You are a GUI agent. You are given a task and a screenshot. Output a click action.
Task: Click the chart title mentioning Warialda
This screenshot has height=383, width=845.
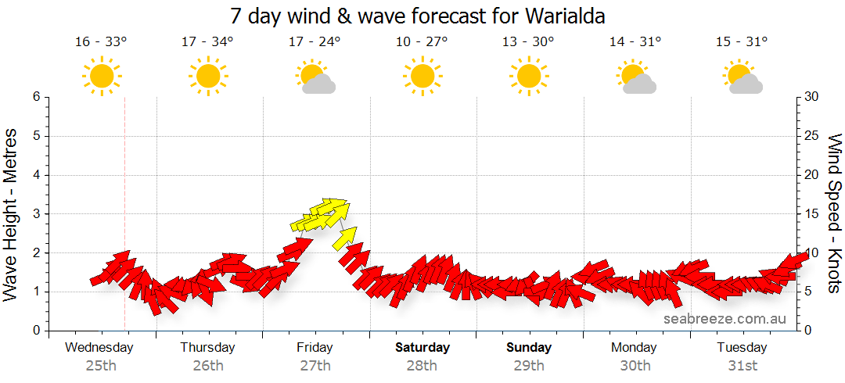tap(418, 16)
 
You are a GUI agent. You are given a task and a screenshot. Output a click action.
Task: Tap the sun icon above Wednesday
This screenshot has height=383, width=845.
tap(102, 77)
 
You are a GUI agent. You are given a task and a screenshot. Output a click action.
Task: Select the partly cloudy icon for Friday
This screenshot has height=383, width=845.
tap(315, 77)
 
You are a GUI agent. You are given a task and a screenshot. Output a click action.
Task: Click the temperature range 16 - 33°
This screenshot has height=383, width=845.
tap(101, 42)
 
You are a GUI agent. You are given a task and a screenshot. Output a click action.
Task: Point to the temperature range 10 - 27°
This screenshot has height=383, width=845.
tap(422, 42)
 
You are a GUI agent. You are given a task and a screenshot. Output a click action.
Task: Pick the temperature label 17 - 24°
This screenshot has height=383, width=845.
tap(315, 42)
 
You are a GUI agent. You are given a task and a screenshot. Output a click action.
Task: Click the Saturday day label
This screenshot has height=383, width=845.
tap(422, 347)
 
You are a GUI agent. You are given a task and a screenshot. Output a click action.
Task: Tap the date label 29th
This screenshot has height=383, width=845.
tap(529, 365)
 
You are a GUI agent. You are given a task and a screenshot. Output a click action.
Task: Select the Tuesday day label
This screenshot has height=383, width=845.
tap(742, 347)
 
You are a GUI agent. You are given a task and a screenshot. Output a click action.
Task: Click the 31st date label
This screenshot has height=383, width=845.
tap(742, 365)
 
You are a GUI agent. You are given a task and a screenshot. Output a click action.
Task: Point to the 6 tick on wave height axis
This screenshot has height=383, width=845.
tap(35, 97)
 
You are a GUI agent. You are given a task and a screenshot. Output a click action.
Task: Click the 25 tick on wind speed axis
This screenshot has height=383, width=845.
tap(812, 136)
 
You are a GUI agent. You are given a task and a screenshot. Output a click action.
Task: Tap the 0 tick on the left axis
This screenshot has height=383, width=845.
tap(35, 331)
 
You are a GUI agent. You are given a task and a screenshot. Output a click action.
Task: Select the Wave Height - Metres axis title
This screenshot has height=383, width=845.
tap(11, 214)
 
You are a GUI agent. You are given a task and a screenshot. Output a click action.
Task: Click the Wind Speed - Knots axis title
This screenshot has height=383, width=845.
tap(835, 214)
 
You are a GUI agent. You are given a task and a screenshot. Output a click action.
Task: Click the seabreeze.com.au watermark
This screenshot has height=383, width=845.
tap(725, 318)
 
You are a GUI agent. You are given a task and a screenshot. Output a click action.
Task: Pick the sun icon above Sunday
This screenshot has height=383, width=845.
tap(528, 77)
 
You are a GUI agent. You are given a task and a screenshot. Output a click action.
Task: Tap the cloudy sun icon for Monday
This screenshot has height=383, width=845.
tap(635, 77)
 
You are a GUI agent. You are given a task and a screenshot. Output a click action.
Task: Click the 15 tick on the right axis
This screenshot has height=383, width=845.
tap(812, 214)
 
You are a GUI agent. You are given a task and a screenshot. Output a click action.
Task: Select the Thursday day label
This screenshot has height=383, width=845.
tap(207, 347)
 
